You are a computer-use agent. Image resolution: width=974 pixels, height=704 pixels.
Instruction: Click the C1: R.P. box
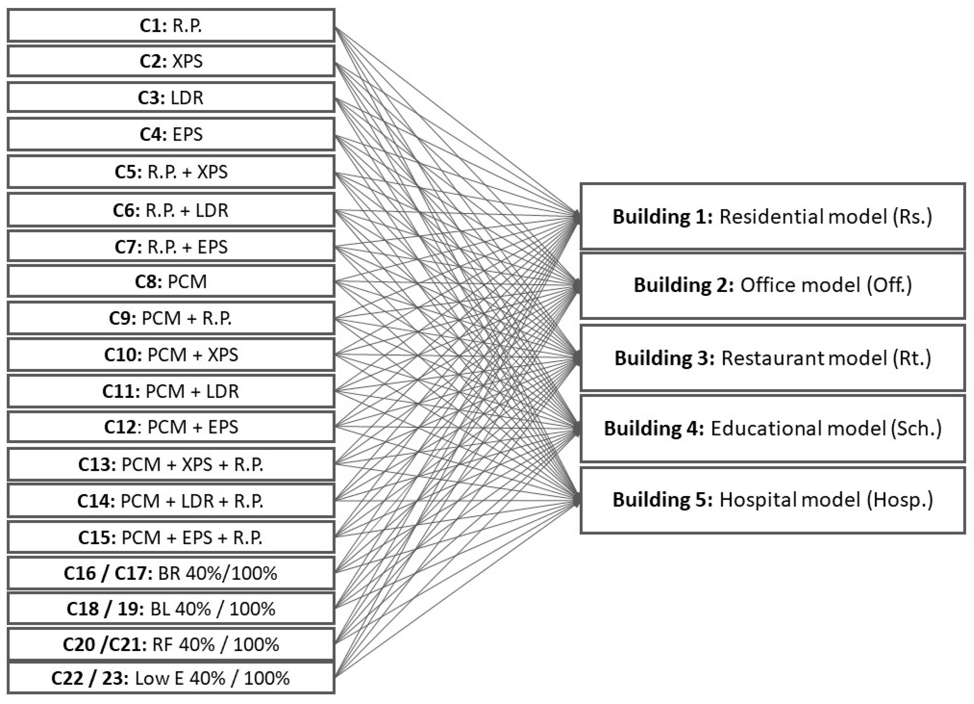click(x=171, y=26)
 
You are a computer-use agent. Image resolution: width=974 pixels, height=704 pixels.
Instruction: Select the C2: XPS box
click(x=171, y=61)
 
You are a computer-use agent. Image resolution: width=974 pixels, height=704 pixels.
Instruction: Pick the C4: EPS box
click(x=171, y=135)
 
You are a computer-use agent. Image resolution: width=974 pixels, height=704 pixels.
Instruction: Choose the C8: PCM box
click(x=171, y=282)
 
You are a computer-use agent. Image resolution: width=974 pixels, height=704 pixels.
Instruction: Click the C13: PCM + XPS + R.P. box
click(x=171, y=464)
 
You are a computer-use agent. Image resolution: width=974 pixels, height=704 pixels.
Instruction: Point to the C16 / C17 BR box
click(x=171, y=573)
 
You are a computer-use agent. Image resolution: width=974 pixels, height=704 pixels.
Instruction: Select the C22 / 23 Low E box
click(x=171, y=678)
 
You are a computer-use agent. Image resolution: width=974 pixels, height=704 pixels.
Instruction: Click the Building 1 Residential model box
click(x=772, y=216)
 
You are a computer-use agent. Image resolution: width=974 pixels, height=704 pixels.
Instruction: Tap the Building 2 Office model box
click(x=772, y=285)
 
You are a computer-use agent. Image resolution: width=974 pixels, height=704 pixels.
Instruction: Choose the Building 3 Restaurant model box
click(x=772, y=358)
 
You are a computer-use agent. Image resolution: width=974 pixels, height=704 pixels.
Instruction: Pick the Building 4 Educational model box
click(x=772, y=429)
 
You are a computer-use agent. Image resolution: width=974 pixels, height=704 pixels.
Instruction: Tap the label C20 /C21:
click(x=105, y=645)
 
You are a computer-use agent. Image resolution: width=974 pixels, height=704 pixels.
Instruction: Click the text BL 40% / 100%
click(x=213, y=609)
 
